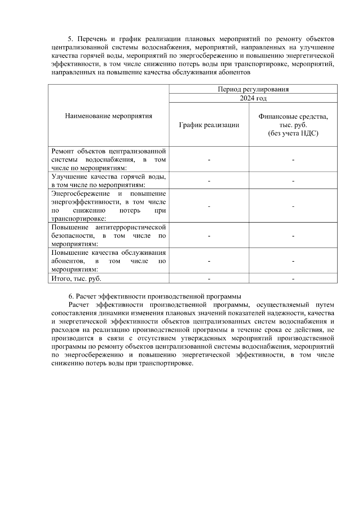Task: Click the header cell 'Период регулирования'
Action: click(253, 89)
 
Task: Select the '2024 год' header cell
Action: click(253, 98)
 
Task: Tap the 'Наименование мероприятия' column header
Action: click(109, 116)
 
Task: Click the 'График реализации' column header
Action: click(209, 125)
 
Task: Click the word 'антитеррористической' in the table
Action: click(130, 227)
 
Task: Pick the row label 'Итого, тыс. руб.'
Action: click(76, 278)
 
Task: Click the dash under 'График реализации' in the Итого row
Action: click(209, 279)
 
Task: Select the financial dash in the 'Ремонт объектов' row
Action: click(293, 160)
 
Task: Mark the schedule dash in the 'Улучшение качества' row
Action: click(209, 181)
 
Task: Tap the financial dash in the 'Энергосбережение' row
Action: click(293, 206)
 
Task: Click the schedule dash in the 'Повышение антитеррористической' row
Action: click(209, 236)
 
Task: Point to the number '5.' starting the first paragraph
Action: click(71, 39)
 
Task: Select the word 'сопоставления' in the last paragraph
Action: click(73, 313)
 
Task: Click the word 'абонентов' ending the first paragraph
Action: click(235, 73)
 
